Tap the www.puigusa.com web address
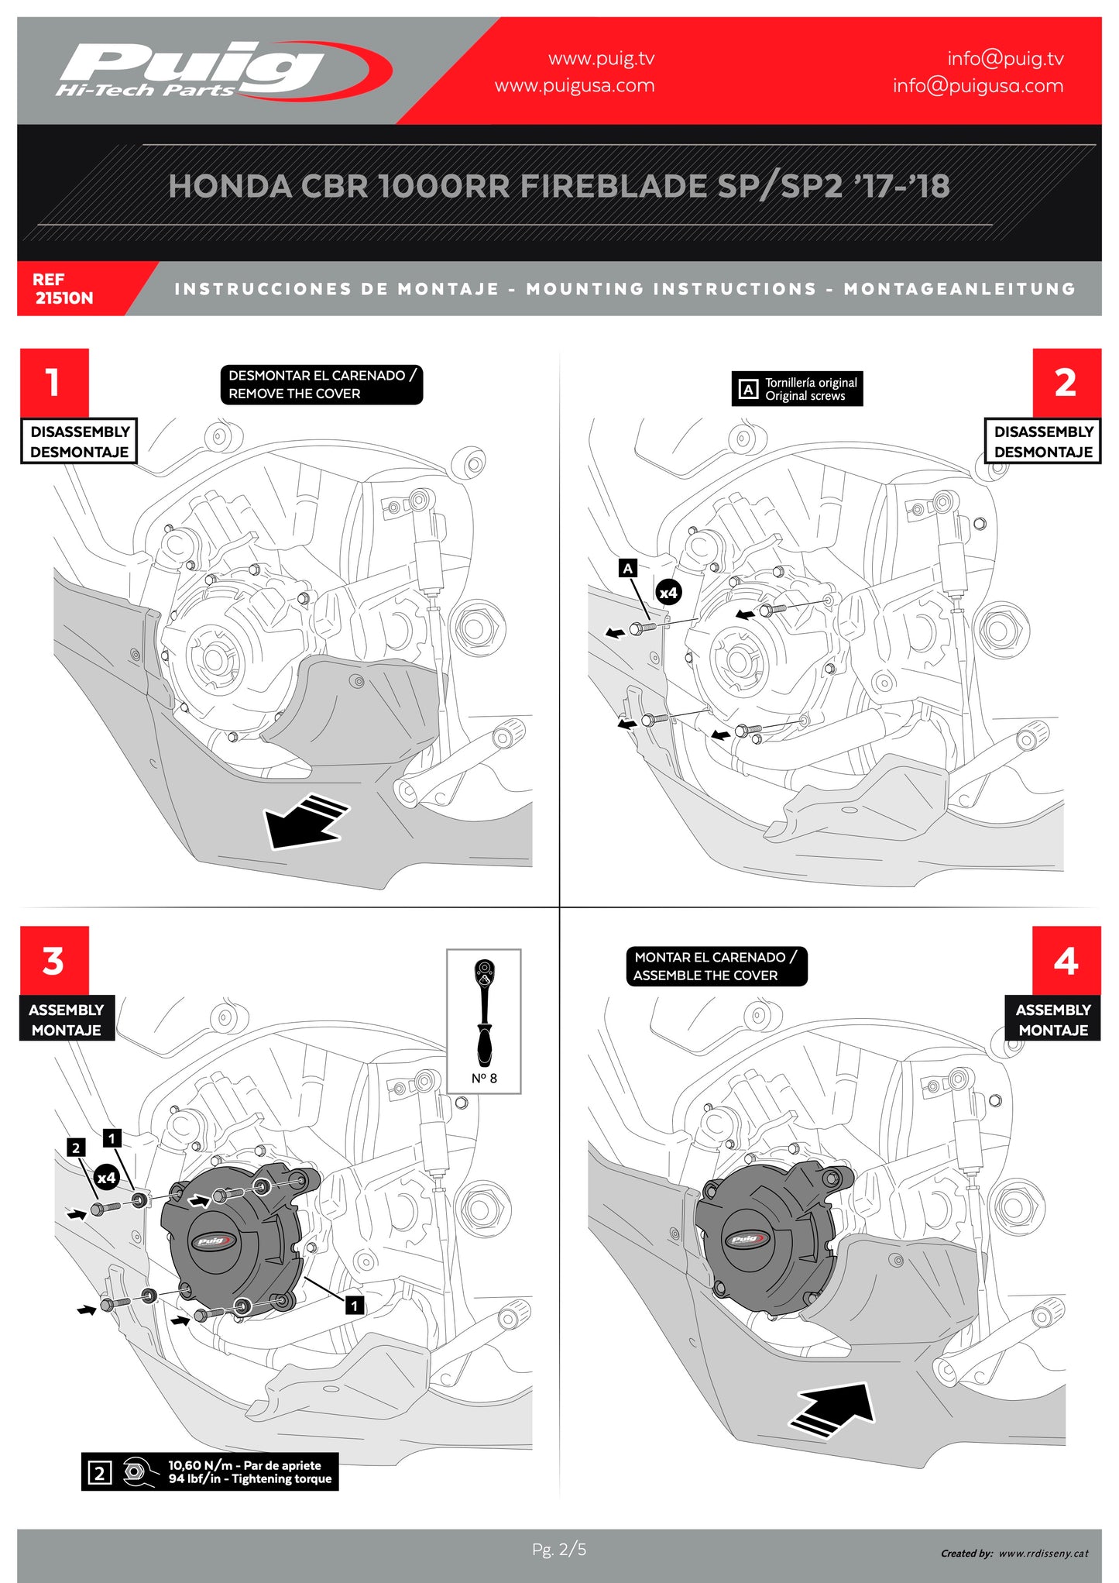[x=574, y=85]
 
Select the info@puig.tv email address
[x=1004, y=58]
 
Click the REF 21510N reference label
[x=64, y=288]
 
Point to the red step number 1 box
[x=54, y=382]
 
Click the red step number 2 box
[x=1066, y=382]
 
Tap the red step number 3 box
[x=54, y=961]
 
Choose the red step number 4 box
[x=1066, y=961]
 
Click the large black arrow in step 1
[x=304, y=820]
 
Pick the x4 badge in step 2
[x=668, y=593]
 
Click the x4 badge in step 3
[x=106, y=1178]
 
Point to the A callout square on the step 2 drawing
[x=628, y=568]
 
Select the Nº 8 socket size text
[x=484, y=1078]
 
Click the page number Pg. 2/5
[x=559, y=1549]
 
